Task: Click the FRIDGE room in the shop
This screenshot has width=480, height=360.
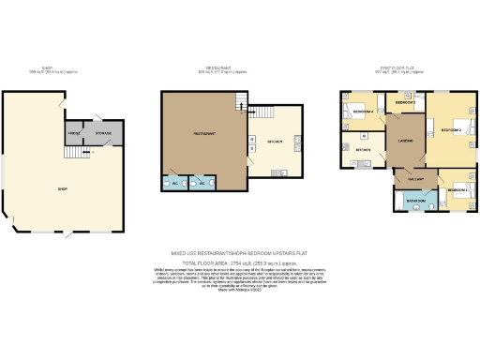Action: [73, 134]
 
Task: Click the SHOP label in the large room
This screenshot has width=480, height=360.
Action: [63, 189]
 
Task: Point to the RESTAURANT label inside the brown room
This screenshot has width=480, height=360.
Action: [205, 134]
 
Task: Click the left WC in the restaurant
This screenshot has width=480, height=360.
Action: [172, 185]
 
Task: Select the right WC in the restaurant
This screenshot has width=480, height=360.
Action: [201, 185]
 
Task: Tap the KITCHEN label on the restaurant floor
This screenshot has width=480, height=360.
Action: [276, 142]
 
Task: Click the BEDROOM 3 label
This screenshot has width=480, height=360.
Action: [405, 101]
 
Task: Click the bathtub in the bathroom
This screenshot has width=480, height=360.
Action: [415, 202]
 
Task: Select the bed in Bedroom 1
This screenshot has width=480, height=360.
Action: [462, 190]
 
